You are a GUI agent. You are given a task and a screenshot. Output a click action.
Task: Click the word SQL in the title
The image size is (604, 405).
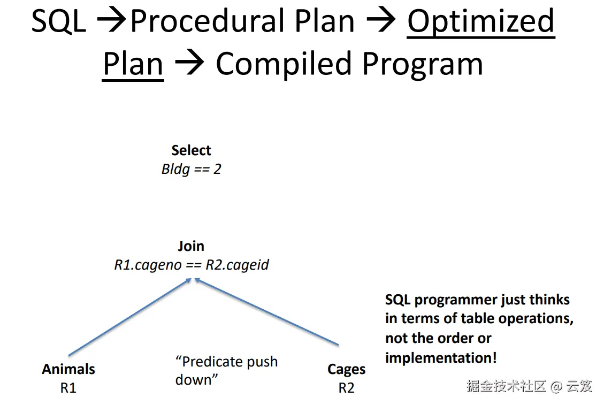[58, 21]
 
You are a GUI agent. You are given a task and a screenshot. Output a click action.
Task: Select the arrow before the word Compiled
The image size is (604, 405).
[189, 63]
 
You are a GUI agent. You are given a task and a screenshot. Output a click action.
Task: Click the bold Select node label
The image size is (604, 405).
[191, 150]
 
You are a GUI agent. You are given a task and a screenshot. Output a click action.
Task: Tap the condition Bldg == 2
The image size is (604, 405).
[191, 169]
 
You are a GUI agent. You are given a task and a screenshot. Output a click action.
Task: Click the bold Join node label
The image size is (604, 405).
[191, 246]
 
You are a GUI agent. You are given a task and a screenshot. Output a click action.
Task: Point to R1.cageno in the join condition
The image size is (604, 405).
[148, 265]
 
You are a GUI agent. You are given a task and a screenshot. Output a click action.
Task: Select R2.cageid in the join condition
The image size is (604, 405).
[237, 265]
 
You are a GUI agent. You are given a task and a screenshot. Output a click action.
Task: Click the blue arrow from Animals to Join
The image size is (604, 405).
[130, 317]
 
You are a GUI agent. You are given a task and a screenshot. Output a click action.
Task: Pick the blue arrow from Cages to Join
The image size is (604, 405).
[266, 311]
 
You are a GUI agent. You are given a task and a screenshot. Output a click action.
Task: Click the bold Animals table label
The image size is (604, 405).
[68, 369]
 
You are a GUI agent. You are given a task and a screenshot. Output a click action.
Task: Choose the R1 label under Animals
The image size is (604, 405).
[68, 388]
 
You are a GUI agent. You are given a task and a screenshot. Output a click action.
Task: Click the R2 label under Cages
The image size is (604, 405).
[346, 388]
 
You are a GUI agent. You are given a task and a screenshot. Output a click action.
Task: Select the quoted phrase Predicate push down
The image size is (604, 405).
[226, 371]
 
